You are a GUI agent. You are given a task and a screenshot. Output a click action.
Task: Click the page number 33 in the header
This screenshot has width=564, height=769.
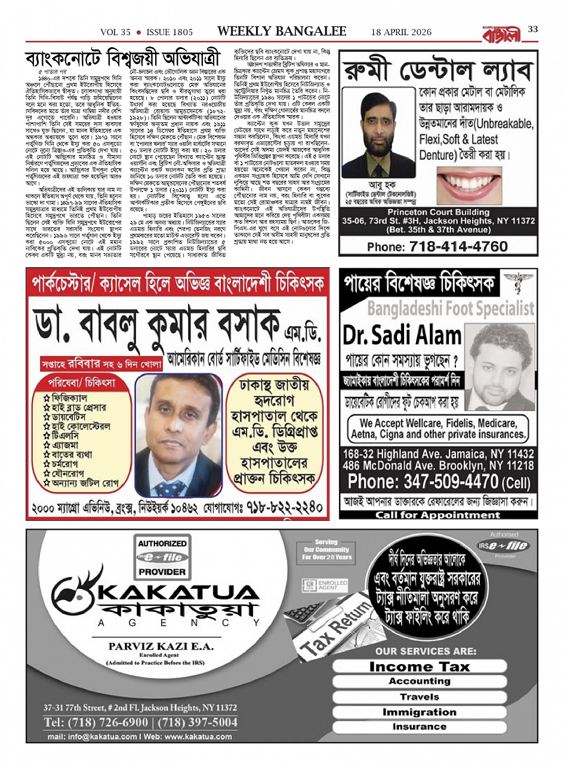pos(532,30)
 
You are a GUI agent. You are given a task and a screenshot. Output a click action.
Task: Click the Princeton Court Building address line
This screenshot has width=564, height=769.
pos(438,212)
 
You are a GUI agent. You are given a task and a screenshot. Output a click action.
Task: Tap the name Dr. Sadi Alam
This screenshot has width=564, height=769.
pos(402,335)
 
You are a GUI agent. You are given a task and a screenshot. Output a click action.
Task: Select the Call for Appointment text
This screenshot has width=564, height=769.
pos(437,515)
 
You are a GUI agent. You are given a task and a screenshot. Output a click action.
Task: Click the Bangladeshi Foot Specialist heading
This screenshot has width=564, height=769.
pos(451,308)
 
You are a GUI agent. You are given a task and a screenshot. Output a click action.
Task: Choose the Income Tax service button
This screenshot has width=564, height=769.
pos(419,666)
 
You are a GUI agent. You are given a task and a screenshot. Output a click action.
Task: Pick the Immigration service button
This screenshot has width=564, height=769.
pos(419,712)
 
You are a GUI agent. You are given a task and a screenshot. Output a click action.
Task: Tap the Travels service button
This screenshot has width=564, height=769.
pos(419,696)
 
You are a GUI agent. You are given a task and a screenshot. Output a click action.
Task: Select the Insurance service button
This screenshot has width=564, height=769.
pos(419,727)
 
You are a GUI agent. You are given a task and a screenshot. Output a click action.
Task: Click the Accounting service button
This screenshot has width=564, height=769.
pos(419,681)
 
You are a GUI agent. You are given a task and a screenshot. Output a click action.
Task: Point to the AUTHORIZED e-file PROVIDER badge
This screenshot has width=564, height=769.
pos(162,557)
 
